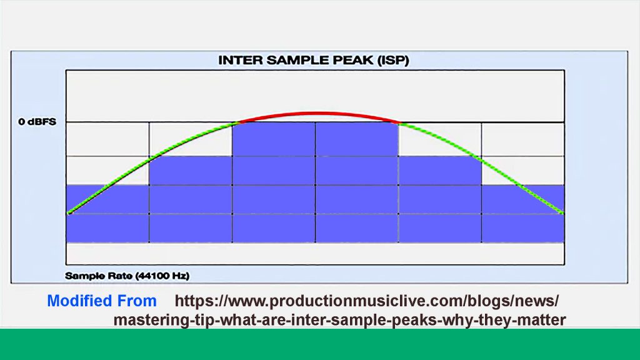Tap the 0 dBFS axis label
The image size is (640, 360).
(37, 121)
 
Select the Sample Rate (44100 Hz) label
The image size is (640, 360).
(127, 275)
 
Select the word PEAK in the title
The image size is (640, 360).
(353, 61)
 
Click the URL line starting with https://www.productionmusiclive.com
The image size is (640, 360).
(367, 301)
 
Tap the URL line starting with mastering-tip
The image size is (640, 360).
(339, 321)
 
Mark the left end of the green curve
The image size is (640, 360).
(69, 213)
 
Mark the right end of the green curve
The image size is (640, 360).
(562, 213)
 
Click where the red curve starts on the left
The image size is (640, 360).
(234, 122)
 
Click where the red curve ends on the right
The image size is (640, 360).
(398, 122)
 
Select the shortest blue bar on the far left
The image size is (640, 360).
(107, 213)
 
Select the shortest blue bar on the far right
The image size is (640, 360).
(522, 213)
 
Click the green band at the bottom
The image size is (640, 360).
(320, 344)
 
